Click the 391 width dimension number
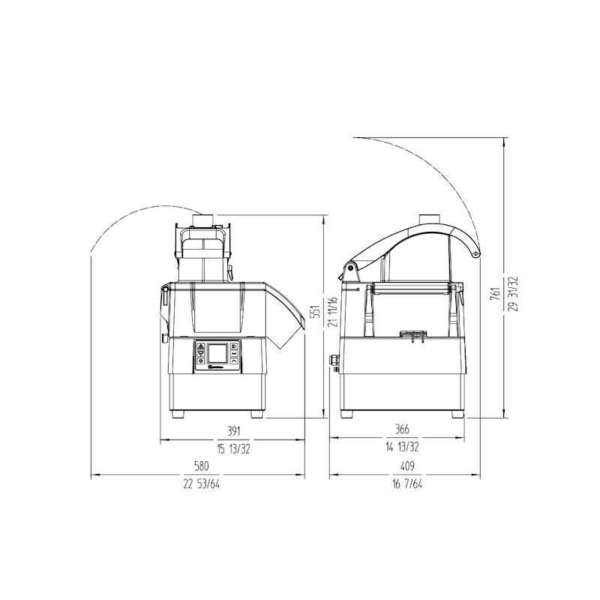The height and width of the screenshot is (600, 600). pos(233,431)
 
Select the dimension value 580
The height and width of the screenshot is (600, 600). pos(202,466)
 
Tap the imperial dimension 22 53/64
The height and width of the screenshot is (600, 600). pos(202,484)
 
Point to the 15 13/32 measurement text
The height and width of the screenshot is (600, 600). pos(233,449)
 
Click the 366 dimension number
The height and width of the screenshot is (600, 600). pos(402,429)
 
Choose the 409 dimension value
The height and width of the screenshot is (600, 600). pos(407,466)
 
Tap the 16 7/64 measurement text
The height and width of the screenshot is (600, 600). pos(407,484)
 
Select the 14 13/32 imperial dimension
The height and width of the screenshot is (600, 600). pos(402,447)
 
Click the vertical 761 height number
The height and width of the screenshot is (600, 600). pos(496,293)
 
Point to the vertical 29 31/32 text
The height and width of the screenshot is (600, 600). pos(514,293)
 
